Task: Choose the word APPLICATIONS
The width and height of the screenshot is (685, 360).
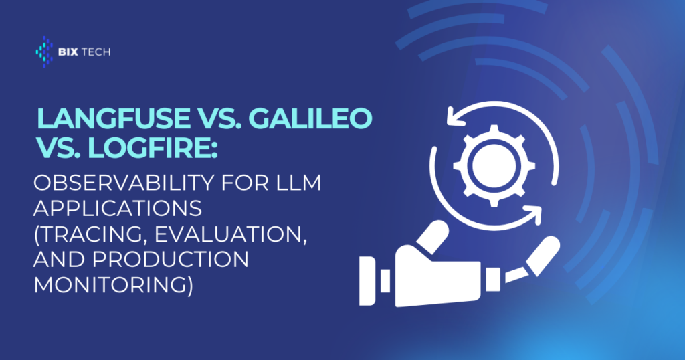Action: [118, 208]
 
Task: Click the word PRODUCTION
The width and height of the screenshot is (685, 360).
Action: [171, 259]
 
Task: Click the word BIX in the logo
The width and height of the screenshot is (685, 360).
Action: [68, 52]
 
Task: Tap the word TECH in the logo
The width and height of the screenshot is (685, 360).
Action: [96, 52]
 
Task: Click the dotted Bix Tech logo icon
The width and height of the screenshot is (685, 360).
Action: [44, 52]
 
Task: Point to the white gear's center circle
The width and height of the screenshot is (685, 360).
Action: [494, 165]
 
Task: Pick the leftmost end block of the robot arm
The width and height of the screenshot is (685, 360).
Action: [367, 280]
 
